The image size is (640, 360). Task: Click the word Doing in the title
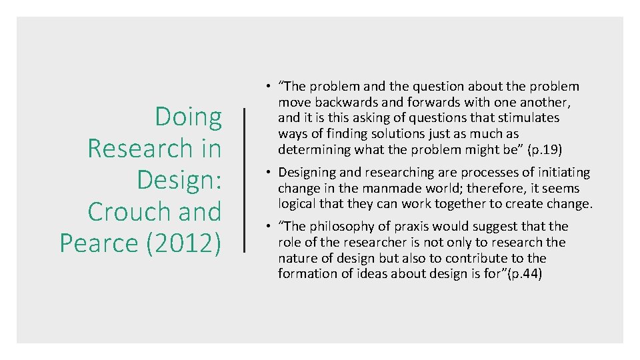[x=189, y=118]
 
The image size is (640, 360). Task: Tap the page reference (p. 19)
[x=545, y=149]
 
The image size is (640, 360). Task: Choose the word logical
[x=298, y=204]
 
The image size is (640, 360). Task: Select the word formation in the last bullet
[x=306, y=274]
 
